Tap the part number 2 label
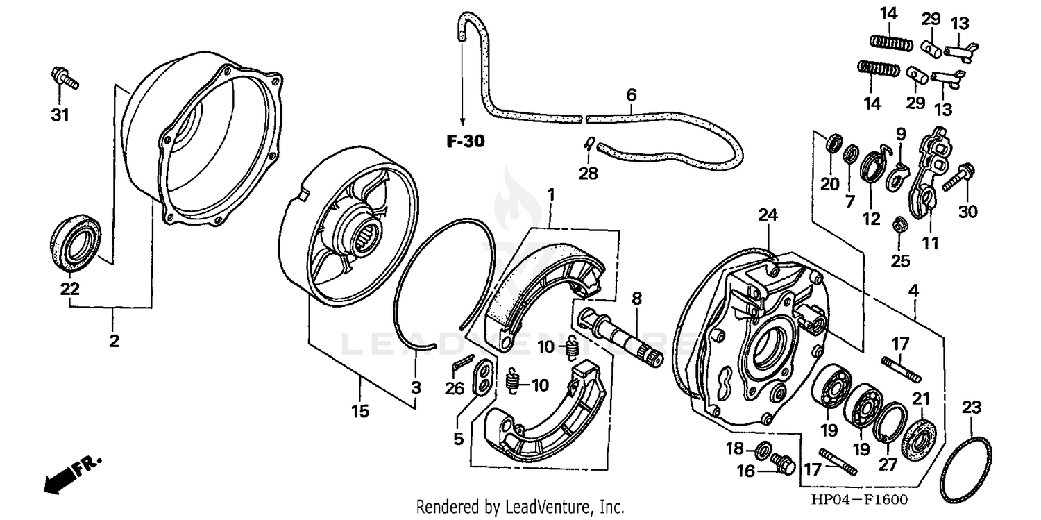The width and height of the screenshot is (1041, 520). [x=113, y=341]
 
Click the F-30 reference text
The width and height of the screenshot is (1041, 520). [x=464, y=142]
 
